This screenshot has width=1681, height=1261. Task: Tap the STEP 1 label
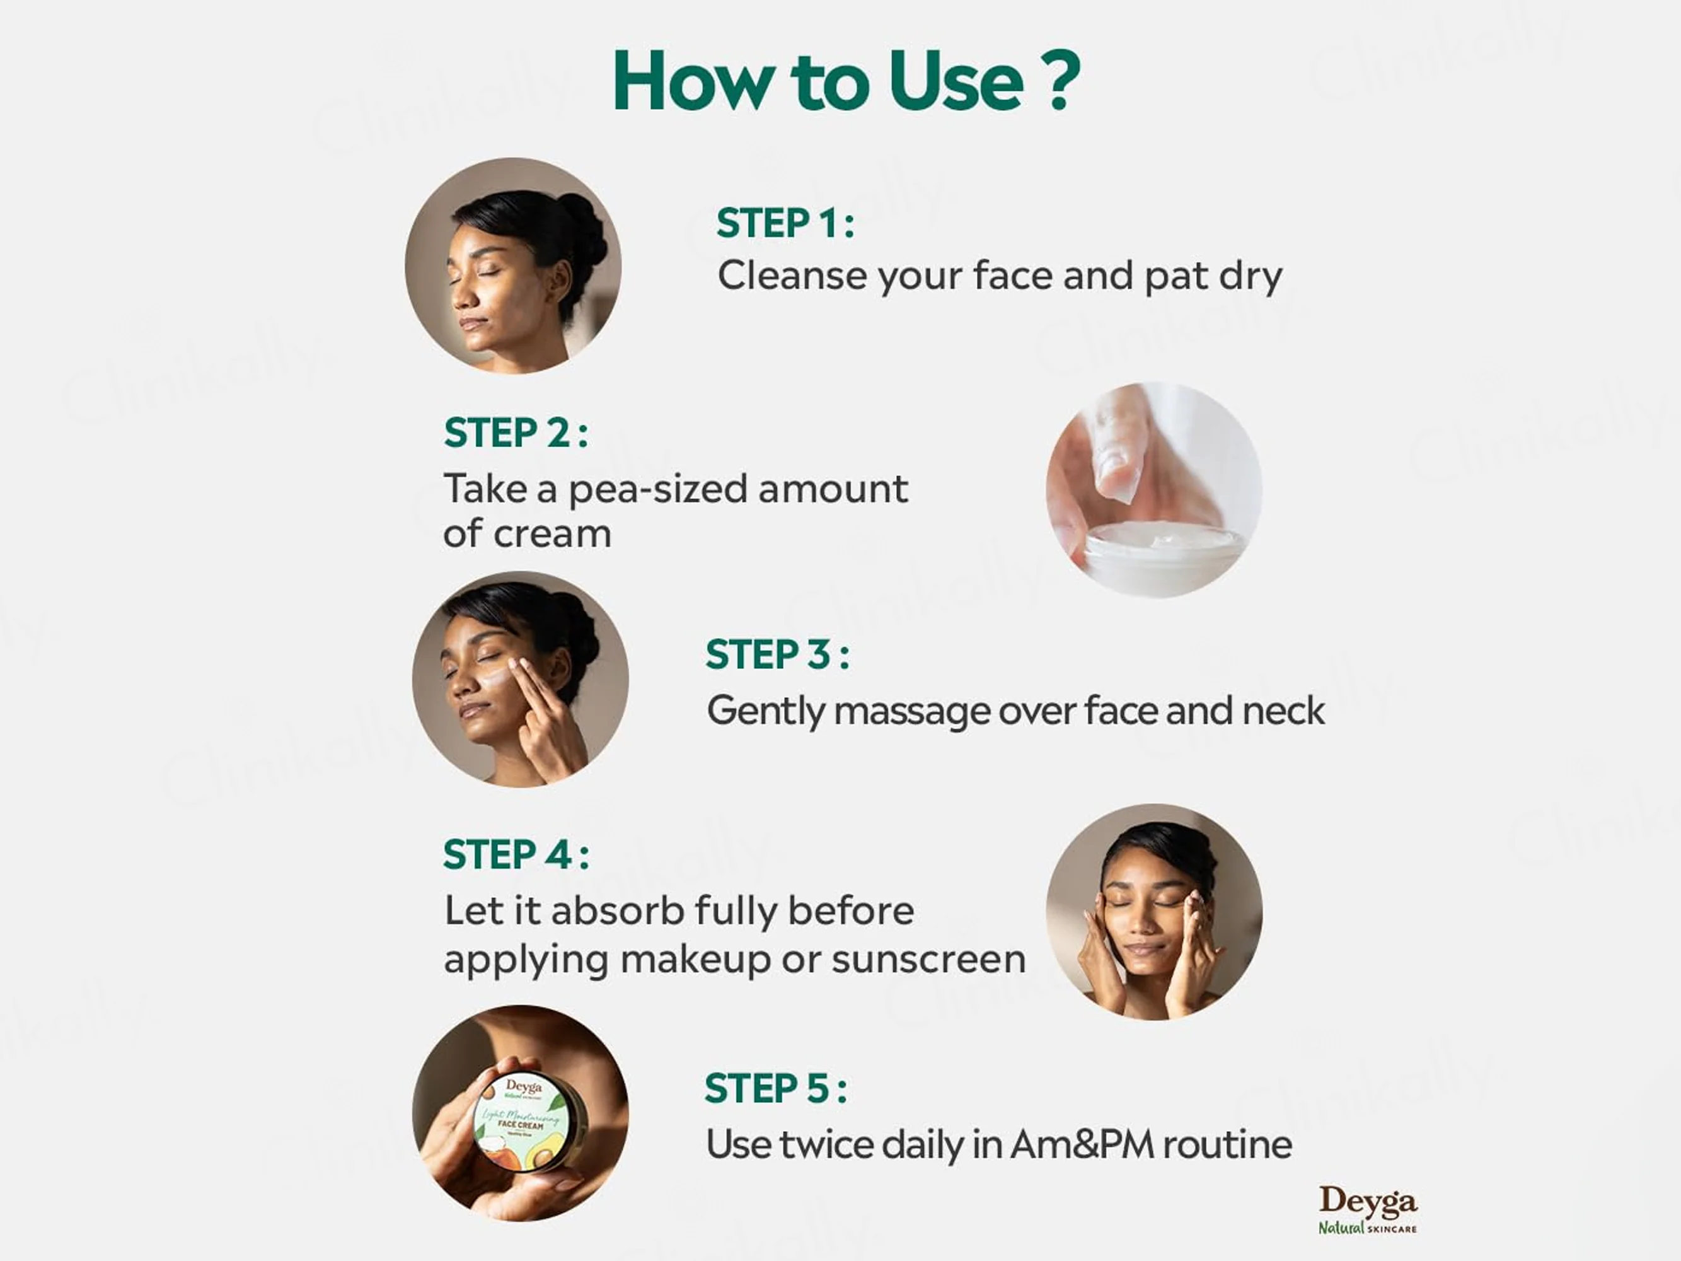pos(785,223)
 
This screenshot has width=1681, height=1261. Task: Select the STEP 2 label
pos(515,433)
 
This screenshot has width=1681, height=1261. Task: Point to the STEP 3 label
pos(777,654)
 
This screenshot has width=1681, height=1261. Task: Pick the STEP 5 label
pos(775,1088)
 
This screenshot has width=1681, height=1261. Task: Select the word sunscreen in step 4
pos(928,959)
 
